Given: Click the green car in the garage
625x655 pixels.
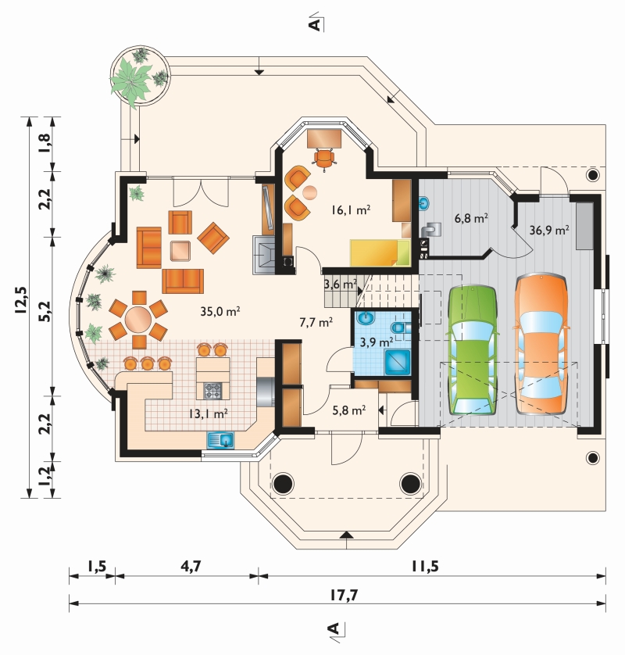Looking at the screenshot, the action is click(x=473, y=350).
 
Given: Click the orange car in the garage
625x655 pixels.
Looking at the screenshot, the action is click(x=541, y=344).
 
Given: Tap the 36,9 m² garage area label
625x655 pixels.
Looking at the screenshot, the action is click(x=549, y=230).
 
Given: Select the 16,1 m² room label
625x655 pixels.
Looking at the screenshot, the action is click(x=351, y=209).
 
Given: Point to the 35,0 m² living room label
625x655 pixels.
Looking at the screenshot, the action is click(x=220, y=311).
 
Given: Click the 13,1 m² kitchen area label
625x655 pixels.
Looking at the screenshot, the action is click(x=208, y=414).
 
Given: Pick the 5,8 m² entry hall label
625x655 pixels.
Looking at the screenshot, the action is click(x=349, y=410).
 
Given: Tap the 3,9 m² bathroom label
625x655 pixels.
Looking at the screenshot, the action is click(x=377, y=342).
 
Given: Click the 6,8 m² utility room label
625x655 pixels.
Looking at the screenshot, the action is click(x=471, y=217).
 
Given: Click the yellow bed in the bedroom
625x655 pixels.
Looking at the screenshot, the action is click(x=380, y=252).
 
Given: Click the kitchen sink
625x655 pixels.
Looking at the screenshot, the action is click(x=220, y=440).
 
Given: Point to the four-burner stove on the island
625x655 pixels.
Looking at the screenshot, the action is click(x=212, y=391).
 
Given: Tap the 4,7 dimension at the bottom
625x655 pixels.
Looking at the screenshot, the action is click(x=191, y=566).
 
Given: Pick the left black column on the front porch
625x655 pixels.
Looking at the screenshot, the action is click(x=284, y=483).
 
